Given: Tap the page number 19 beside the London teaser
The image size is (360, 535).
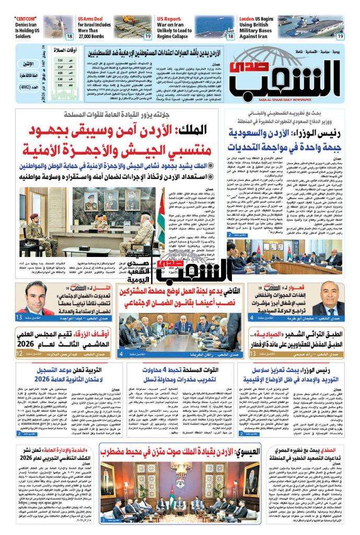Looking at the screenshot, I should (x=340, y=36).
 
